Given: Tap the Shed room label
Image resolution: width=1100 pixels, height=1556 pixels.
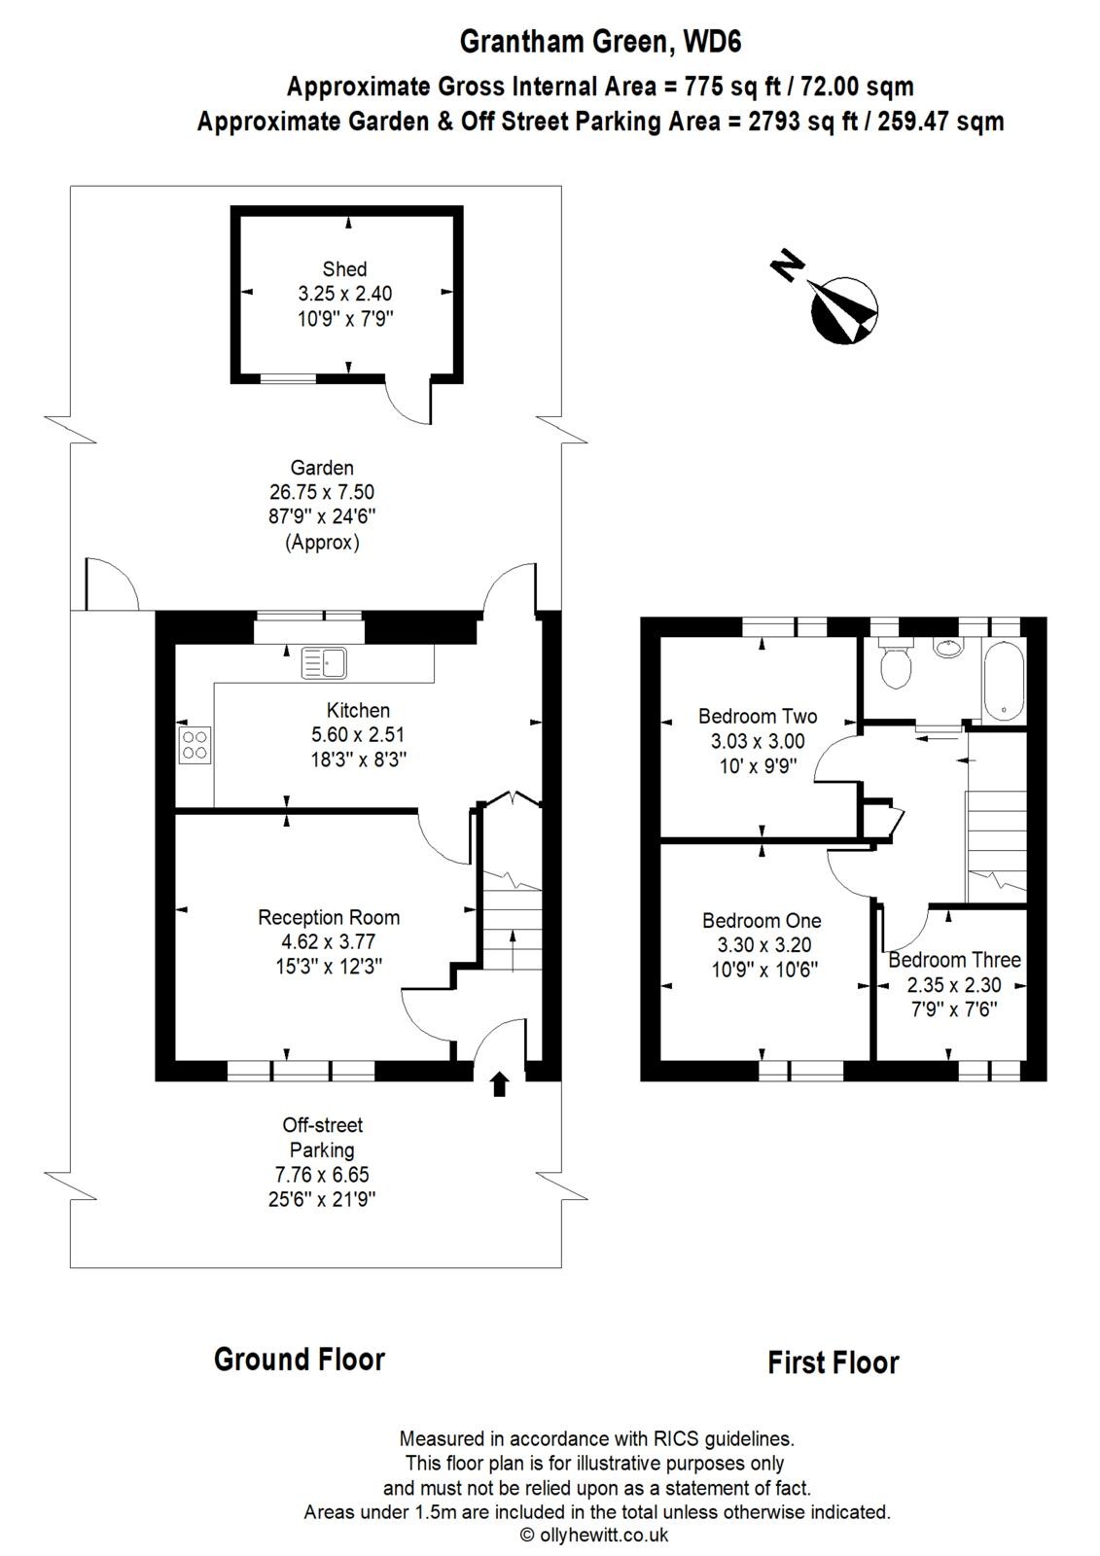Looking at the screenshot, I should click(x=344, y=269).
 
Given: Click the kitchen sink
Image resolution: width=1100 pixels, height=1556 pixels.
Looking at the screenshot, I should click(x=324, y=662).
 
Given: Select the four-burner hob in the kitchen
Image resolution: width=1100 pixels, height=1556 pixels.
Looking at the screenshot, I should click(x=195, y=744).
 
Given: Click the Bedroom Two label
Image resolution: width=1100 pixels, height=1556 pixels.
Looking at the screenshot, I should click(x=758, y=717).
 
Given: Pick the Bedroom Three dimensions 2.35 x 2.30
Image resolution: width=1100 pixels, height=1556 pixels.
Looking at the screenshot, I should click(x=953, y=985).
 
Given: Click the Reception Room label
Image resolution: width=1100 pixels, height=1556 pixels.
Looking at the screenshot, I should click(x=329, y=917).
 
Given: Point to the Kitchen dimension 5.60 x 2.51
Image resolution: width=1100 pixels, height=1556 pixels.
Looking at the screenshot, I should click(x=357, y=735).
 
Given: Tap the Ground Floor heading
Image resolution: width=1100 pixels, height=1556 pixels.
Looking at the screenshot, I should click(x=300, y=1359).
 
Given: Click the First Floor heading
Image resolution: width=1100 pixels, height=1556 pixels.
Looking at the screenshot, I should click(x=833, y=1362).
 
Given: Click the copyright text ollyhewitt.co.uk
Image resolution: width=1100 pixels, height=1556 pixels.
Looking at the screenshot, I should click(x=594, y=1536).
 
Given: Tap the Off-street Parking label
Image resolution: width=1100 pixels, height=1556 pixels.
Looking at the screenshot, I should click(x=322, y=1138).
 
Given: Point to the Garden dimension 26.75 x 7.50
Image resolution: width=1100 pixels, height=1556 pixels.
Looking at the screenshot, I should click(x=321, y=492).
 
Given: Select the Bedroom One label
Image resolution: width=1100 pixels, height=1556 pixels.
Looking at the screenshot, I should click(x=762, y=920).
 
